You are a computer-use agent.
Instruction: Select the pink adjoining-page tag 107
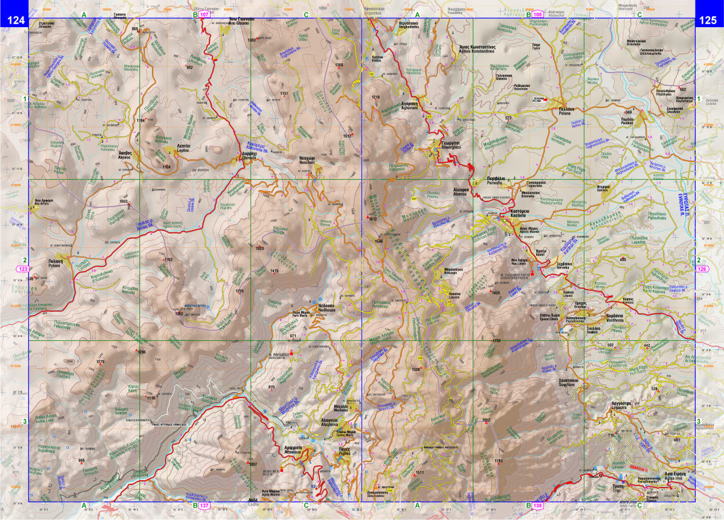(205, 14)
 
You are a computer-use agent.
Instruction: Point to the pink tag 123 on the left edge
(24, 268)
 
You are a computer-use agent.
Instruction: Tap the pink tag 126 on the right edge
(702, 268)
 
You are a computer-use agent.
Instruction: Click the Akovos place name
(125, 154)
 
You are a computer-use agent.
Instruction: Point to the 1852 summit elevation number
(487, 419)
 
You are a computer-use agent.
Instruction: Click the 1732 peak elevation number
(496, 341)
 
